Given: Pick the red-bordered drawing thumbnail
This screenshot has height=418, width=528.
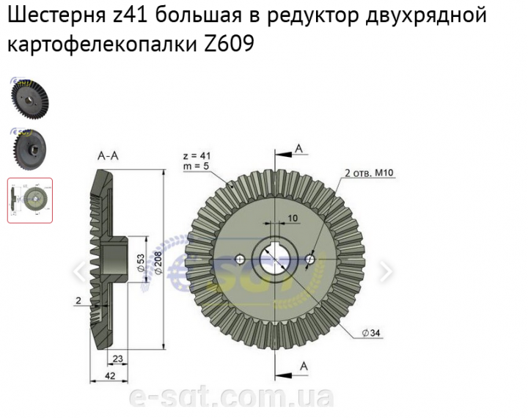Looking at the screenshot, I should pos(30,199).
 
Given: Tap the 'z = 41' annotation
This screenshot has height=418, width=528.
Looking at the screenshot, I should pos(197,156).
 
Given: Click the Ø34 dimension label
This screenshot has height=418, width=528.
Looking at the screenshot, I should pos(370,334).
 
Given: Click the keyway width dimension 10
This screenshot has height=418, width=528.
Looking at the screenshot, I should pos(293,219).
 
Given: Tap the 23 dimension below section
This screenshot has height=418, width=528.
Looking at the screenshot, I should pos(117,359).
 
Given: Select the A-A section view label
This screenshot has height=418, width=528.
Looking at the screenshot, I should pos(109,156).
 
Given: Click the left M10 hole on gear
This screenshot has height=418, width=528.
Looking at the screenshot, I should pos(240,260).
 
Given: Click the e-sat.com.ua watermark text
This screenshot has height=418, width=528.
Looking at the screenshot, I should pos(231,397).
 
